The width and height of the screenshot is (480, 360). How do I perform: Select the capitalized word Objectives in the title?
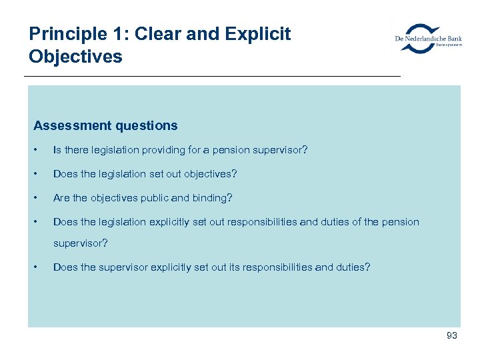point(75,56)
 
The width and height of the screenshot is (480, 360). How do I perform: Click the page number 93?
point(451,336)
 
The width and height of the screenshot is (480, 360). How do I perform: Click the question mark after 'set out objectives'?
point(234,174)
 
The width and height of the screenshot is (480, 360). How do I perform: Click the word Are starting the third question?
point(61,198)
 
